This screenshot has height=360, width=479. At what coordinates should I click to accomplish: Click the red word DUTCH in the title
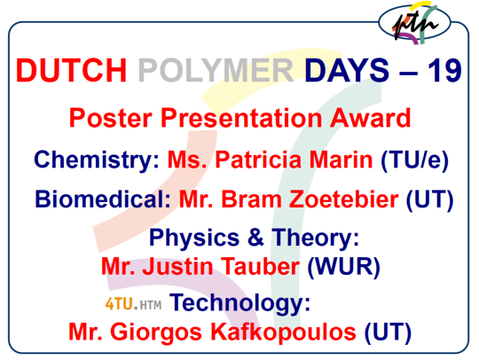[x=71, y=70]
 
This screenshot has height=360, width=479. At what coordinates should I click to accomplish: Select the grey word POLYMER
[x=216, y=70]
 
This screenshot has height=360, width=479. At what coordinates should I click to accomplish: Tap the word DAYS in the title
[x=347, y=70]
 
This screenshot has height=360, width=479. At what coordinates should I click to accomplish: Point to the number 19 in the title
[x=444, y=70]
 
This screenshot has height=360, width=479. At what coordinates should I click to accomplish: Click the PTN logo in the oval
[x=414, y=22]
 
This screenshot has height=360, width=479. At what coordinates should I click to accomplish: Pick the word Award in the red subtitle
[x=370, y=118]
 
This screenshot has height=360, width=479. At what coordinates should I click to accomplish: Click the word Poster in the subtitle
[x=111, y=119]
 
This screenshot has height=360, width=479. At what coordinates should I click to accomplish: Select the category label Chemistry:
[x=97, y=160]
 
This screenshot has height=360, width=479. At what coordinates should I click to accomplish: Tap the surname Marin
[x=341, y=160]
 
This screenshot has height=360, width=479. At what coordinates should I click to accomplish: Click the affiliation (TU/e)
[x=414, y=160]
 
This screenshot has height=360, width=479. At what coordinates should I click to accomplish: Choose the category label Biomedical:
[x=103, y=200]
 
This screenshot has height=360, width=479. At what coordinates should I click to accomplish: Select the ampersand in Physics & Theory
[x=255, y=237]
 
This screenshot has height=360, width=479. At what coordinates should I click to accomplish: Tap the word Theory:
[x=315, y=239]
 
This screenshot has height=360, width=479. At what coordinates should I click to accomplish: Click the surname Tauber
[x=260, y=266]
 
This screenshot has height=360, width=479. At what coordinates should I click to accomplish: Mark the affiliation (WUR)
[x=343, y=267]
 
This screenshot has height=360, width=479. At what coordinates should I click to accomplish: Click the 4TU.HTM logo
[x=133, y=304]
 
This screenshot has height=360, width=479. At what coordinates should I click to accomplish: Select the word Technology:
[x=239, y=303]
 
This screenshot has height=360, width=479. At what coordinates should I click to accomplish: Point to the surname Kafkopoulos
[x=283, y=332]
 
